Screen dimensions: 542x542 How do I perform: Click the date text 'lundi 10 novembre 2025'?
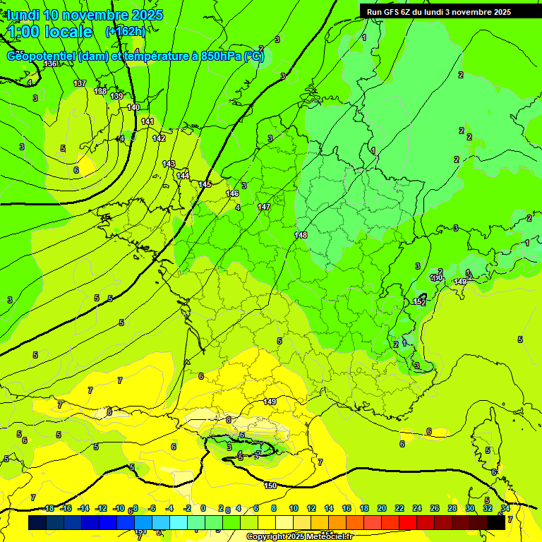tap(85, 15)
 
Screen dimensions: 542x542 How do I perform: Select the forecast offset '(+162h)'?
tap(125, 32)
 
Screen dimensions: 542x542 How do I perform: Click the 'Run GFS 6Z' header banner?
tap(439, 12)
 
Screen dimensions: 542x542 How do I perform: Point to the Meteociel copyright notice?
tap(299, 537)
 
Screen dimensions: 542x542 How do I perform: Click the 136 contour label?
tap(50, 64)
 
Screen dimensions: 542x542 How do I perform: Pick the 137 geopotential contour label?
tap(80, 83)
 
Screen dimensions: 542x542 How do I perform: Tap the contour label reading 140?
tap(133, 107)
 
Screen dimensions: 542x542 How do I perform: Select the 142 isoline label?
tap(159, 138)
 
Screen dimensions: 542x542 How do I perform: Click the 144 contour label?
tap(183, 176)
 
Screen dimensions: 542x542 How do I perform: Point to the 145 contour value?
tap(205, 184)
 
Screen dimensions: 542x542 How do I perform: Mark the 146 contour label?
tap(232, 193)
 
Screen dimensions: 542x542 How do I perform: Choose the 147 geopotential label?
tap(264, 207)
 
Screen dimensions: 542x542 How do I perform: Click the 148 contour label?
tap(301, 235)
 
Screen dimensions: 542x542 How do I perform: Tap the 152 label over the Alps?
tap(418, 302)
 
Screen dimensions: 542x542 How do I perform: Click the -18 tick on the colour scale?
tap(48, 509)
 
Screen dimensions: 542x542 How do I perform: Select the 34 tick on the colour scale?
tap(505, 509)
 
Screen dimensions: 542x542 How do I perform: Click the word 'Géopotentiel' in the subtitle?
tap(42, 56)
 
